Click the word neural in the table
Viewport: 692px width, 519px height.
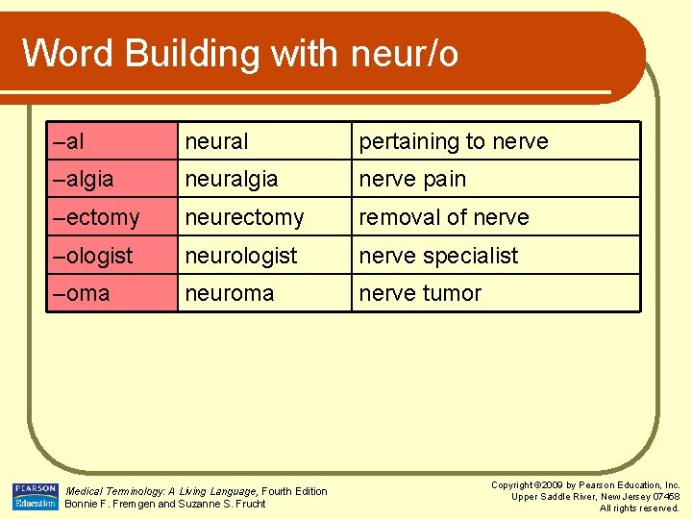pos(216,141)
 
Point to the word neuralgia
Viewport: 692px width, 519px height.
pos(232,180)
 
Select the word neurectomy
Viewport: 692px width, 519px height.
pos(244,218)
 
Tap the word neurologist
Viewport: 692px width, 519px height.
pos(241,256)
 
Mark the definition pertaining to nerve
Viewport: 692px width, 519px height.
pos(454,141)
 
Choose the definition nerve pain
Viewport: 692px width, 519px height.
pos(412,180)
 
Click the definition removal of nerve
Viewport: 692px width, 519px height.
pos(444,218)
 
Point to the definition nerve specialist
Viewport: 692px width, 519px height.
pos(438,256)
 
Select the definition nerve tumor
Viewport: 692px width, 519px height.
pos(420,293)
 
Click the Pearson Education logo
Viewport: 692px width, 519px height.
pos(36,496)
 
